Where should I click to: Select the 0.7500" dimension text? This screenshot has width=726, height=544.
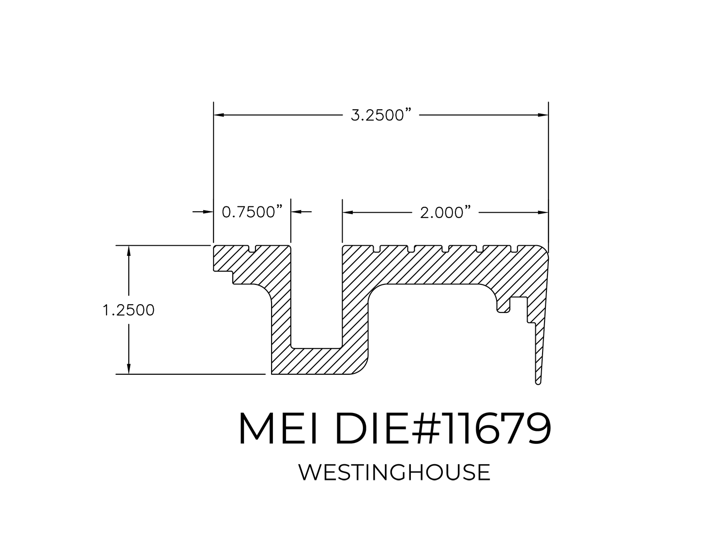click(x=252, y=212)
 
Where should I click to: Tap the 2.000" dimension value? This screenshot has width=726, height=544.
click(x=445, y=212)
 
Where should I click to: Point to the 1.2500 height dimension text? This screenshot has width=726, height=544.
click(x=128, y=309)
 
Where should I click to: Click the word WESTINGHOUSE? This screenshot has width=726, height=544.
click(x=394, y=472)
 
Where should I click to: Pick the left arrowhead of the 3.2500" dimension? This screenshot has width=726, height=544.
click(x=218, y=116)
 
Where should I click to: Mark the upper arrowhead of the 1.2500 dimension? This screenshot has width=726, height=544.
click(x=129, y=250)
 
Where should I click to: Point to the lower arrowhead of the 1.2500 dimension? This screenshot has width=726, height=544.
click(x=129, y=369)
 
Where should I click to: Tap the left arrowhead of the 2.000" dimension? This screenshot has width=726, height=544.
click(x=348, y=212)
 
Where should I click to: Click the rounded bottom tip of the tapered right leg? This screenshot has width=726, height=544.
click(x=538, y=382)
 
